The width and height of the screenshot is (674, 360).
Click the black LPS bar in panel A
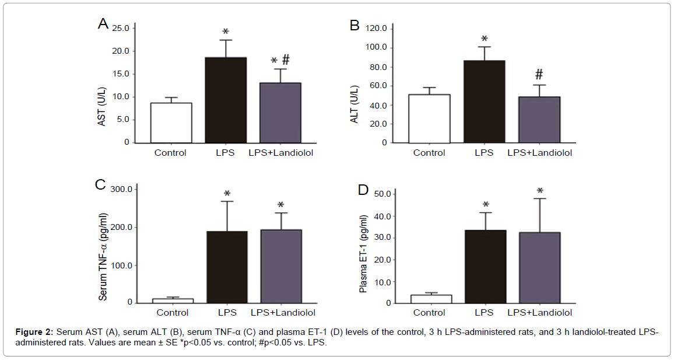226,100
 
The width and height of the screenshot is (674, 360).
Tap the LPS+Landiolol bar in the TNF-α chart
280,266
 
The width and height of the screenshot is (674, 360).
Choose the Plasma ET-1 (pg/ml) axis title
364,254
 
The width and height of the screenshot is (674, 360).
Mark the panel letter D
362,190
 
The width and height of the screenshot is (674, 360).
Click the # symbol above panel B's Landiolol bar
539,74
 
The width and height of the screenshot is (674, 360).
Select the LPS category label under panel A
225,153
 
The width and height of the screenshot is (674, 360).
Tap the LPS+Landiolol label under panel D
539,313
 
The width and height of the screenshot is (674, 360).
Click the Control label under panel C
173,313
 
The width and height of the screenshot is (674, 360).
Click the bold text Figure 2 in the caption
34,333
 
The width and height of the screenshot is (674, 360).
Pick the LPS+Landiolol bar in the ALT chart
539,120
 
